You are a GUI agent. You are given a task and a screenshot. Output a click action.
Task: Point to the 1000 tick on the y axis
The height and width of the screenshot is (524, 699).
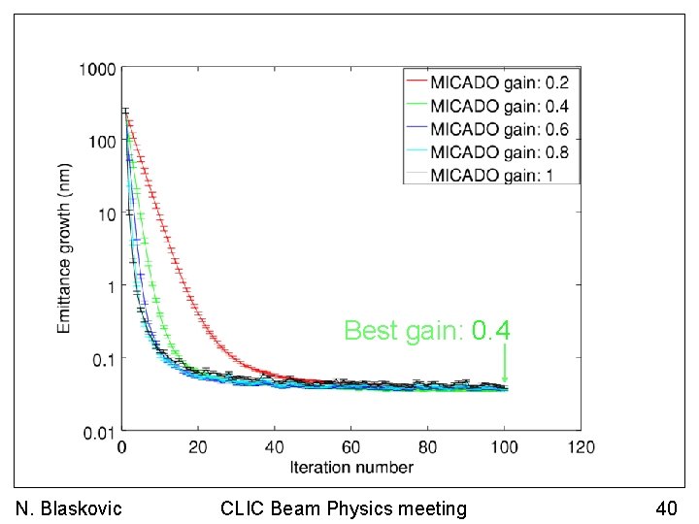(x=98, y=70)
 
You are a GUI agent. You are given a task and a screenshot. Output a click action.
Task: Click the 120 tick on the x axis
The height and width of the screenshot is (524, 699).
(x=581, y=448)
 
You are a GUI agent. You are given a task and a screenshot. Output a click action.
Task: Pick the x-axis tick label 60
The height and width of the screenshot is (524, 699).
(x=350, y=448)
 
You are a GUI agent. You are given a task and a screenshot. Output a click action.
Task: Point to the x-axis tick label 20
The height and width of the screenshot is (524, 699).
(x=197, y=448)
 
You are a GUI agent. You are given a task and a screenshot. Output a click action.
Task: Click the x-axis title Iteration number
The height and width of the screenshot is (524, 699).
(x=350, y=468)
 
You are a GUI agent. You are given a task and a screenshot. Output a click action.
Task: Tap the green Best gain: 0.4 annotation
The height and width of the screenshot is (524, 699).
(x=427, y=331)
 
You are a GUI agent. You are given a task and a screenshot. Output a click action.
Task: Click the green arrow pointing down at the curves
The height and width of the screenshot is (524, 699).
(x=505, y=366)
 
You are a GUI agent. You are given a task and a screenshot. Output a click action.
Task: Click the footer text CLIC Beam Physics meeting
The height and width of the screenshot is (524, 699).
(x=344, y=508)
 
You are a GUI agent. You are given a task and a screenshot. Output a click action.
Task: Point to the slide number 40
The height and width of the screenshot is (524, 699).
(x=666, y=508)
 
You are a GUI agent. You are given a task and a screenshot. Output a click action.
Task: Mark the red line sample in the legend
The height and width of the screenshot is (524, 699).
(x=416, y=82)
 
